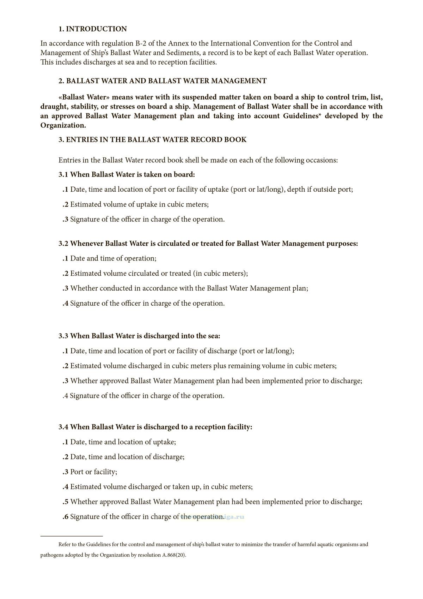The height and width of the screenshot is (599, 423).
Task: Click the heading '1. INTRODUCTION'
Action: pos(92,29)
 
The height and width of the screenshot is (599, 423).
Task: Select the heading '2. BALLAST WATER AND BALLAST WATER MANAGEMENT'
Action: pos(163,81)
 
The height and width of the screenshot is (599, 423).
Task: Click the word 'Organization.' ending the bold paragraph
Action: pos(63,125)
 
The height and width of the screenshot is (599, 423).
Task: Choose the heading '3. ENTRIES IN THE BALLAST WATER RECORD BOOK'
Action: pos(152,140)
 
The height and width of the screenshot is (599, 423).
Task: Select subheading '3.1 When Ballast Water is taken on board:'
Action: pos(127,174)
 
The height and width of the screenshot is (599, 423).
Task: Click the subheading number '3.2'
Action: pos(63,244)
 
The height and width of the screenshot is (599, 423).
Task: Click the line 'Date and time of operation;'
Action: pos(113,258)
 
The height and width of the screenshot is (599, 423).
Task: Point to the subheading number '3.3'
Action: pos(63,336)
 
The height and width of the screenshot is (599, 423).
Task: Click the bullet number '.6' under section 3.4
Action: pos(66,517)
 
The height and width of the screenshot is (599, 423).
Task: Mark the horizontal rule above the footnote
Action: pos(72,536)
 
